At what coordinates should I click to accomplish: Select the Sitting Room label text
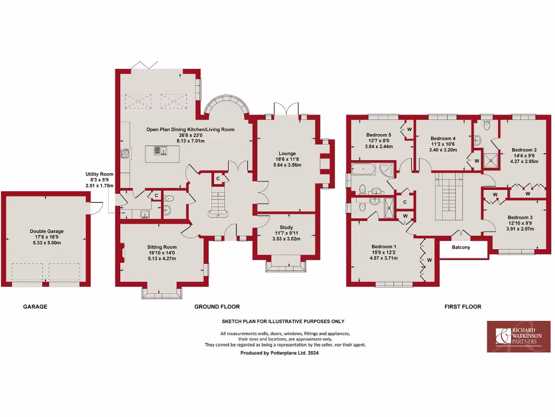(162, 247)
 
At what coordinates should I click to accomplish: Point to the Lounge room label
(287, 154)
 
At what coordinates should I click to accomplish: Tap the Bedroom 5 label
(378, 135)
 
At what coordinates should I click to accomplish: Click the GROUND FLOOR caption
(217, 307)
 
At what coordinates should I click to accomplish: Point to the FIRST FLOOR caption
(462, 307)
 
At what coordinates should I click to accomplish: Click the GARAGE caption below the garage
(35, 307)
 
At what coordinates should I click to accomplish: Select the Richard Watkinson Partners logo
(518, 337)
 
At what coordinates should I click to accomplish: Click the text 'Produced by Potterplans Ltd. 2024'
(279, 353)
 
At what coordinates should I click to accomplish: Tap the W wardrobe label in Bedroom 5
(409, 129)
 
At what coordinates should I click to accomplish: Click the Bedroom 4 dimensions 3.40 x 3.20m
(443, 150)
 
